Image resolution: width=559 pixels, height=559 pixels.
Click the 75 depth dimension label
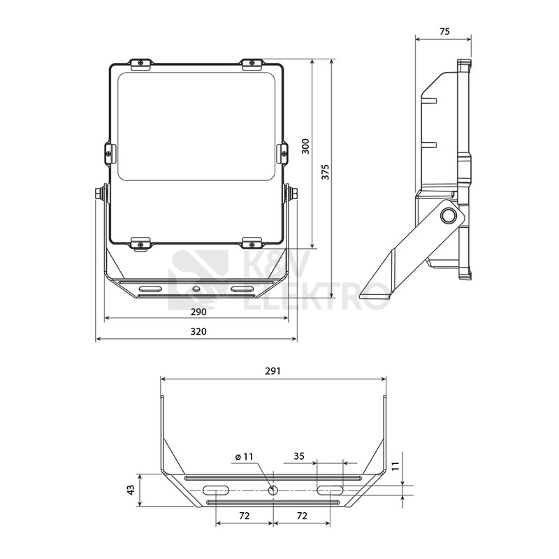[444, 31]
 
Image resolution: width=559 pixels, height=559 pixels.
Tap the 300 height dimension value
[305, 146]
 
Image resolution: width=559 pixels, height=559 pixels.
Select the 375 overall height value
[325, 172]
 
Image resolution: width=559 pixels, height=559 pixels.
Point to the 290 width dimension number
[198, 312]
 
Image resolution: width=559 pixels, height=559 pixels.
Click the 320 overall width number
[198, 331]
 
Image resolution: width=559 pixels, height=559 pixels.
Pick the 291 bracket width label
[273, 371]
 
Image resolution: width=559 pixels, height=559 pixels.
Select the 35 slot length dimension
[299, 456]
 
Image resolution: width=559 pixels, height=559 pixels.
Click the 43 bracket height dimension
[131, 490]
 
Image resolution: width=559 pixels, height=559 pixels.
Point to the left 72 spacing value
[244, 516]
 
